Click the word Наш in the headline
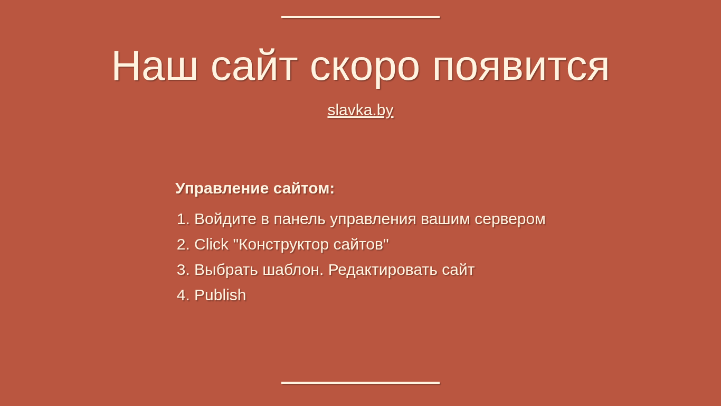[x=155, y=66]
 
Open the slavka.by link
[x=360, y=110]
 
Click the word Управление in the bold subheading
[x=222, y=188]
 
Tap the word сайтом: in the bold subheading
[x=304, y=188]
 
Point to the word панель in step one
[x=299, y=219]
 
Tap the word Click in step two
[x=211, y=244]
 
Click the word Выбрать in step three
[x=226, y=270]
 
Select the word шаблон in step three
[x=293, y=270]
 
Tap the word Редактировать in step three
[x=383, y=271]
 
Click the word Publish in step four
[x=220, y=295]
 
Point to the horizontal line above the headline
[x=360, y=17]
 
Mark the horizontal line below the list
[x=360, y=383]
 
